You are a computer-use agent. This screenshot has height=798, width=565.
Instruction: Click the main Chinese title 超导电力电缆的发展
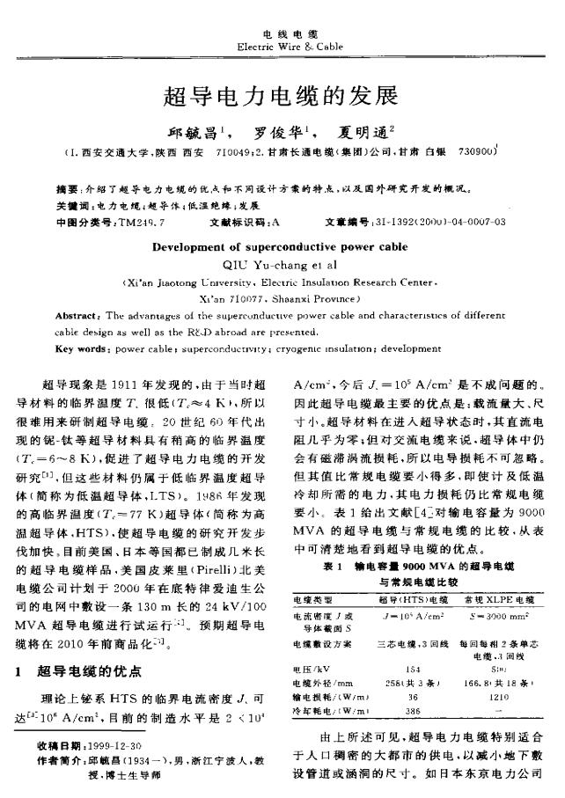click(281, 95)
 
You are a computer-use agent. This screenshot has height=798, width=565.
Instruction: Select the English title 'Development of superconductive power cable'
click(281, 247)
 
